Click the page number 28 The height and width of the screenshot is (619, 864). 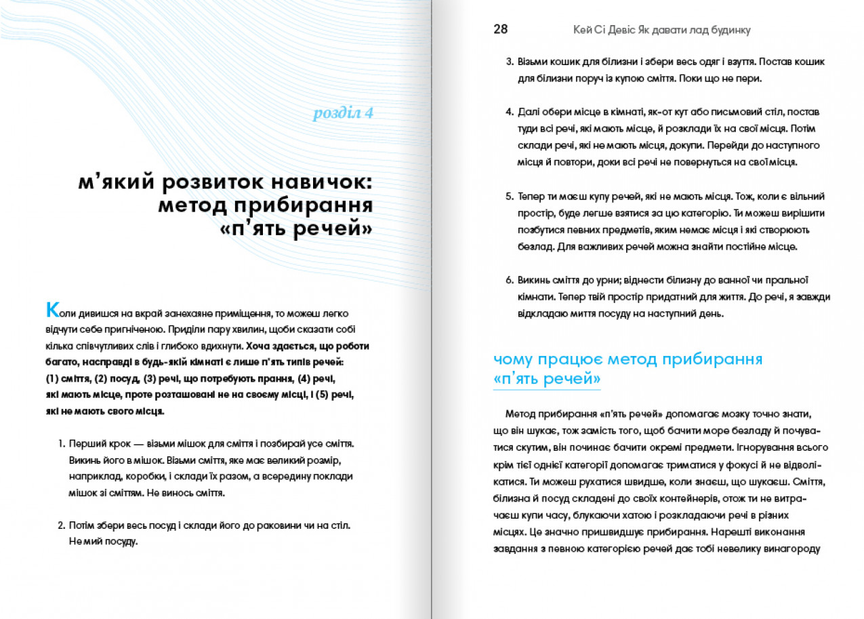point(501,29)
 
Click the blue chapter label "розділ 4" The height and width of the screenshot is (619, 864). point(343,113)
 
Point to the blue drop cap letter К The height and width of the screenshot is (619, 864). point(52,310)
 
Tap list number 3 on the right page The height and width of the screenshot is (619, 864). point(510,62)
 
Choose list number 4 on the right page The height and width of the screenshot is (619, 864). point(510,111)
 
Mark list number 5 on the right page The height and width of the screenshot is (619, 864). point(510,197)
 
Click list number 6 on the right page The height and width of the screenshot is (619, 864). point(510,280)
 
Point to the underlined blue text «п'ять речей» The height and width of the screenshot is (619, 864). point(547,380)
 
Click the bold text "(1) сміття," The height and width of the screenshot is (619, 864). point(64,378)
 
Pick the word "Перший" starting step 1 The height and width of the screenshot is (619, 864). point(86,444)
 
